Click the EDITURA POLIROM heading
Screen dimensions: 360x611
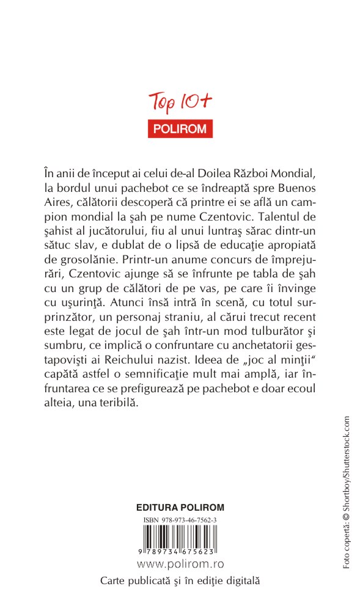(x=180, y=507)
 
